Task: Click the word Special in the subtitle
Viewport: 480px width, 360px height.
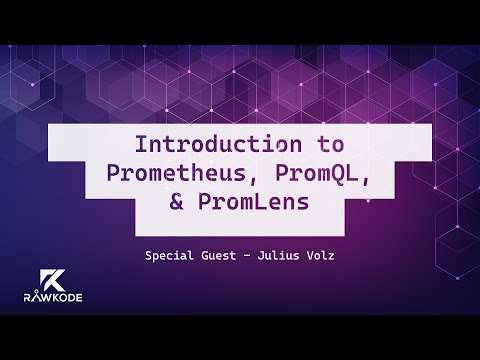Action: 169,256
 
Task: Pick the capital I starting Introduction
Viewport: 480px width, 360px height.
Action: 141,141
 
